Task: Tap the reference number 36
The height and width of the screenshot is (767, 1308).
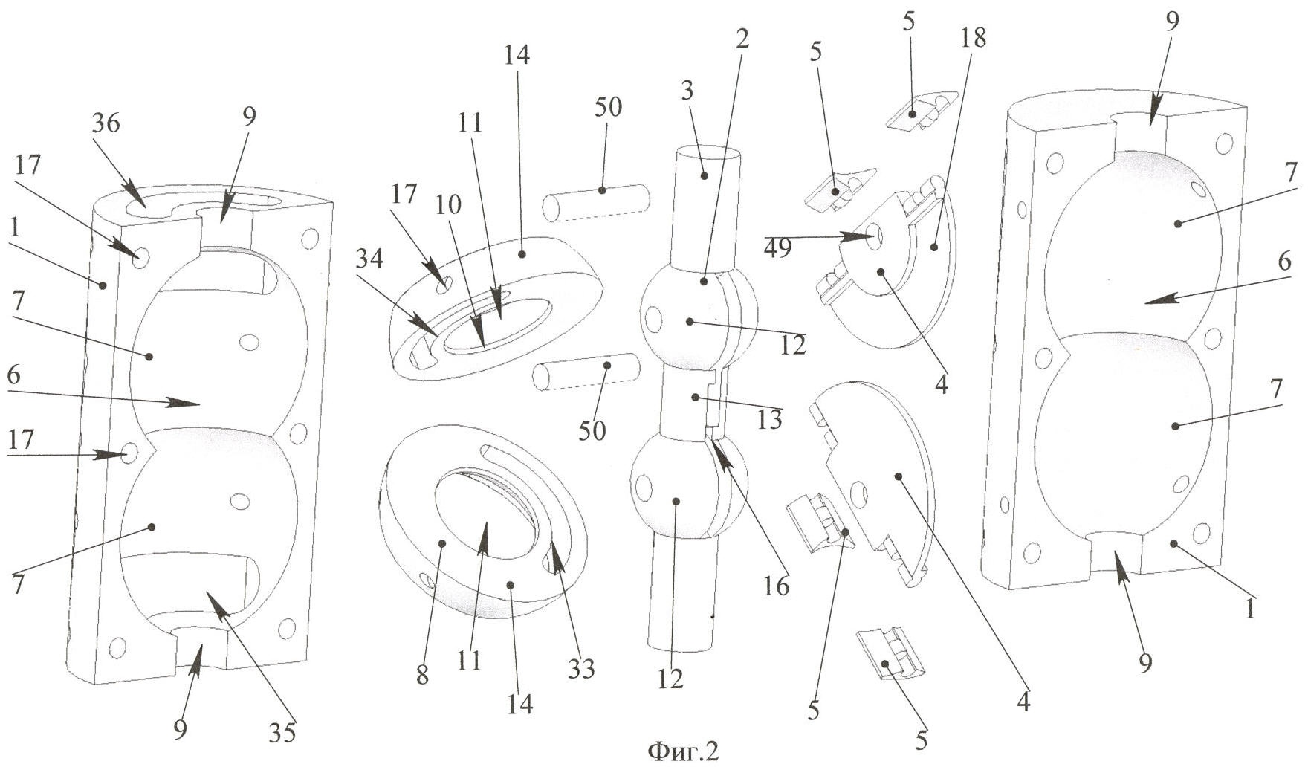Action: [106, 123]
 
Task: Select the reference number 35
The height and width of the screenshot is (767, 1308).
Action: [283, 732]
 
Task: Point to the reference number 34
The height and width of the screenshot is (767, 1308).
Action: [369, 260]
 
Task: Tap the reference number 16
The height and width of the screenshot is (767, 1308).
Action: [776, 586]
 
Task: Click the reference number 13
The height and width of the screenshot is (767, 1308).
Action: [770, 420]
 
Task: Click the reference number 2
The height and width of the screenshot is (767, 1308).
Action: [741, 39]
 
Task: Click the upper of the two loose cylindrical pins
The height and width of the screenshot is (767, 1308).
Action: [598, 201]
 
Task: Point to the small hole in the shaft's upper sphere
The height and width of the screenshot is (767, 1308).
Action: [655, 320]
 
